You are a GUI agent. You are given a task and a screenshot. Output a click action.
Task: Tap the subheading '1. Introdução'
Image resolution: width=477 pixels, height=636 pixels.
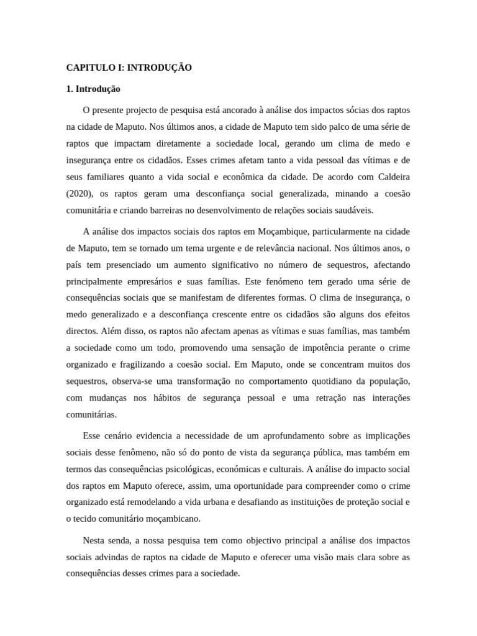coord(93,89)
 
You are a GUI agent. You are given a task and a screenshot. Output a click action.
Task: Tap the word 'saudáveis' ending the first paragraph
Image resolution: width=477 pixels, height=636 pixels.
coord(353,210)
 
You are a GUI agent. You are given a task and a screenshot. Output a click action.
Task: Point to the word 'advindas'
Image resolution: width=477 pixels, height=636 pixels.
coord(114,557)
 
